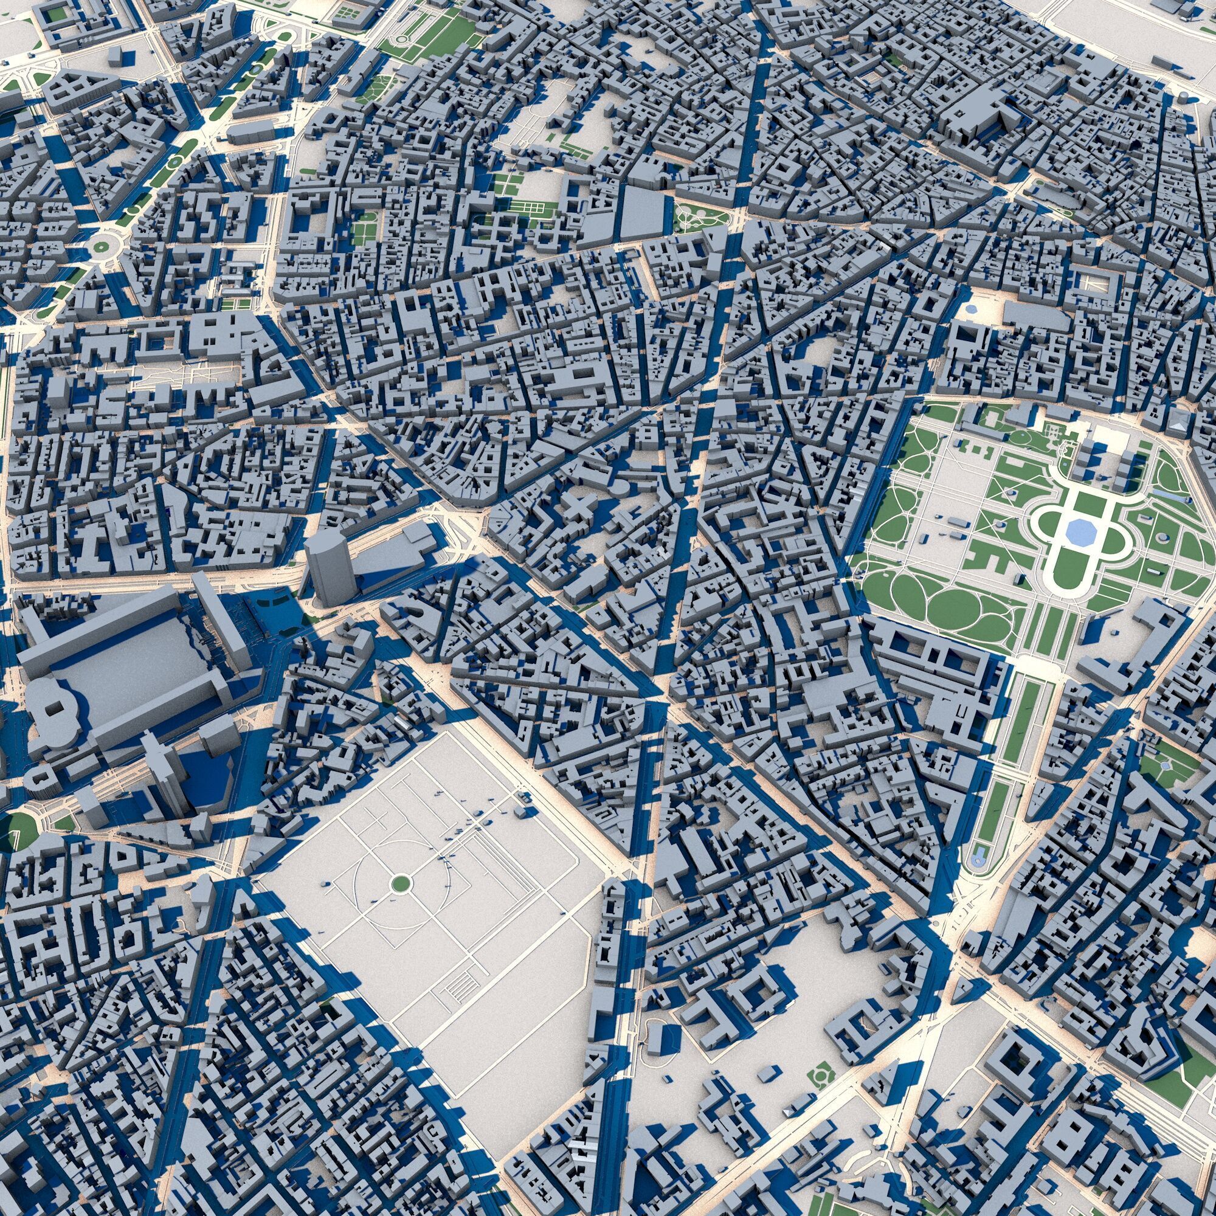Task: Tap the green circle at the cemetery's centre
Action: click(399, 883)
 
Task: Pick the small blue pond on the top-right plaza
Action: click(970, 309)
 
